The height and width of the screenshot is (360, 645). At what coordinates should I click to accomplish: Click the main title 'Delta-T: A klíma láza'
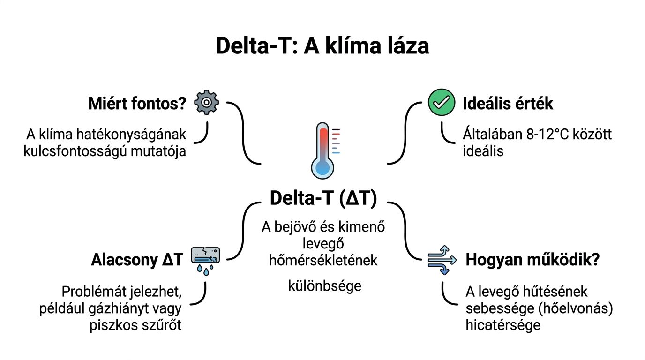[x=322, y=46]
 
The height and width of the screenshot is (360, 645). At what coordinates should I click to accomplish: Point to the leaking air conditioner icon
[x=206, y=256]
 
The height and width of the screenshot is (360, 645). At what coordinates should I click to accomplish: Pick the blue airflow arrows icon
[x=442, y=259]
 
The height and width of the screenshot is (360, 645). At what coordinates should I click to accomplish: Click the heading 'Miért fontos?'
[x=137, y=104]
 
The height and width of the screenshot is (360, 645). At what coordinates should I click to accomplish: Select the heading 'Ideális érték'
[x=508, y=104]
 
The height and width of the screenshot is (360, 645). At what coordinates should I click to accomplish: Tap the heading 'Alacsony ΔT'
[x=136, y=261]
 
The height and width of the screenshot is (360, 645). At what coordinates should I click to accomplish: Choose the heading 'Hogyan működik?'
[x=532, y=261]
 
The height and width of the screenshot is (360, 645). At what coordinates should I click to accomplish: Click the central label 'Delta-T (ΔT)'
[x=323, y=198]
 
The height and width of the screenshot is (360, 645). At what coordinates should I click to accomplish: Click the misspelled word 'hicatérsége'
[x=502, y=325]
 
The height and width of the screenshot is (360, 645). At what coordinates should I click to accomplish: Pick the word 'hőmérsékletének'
[x=323, y=260]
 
